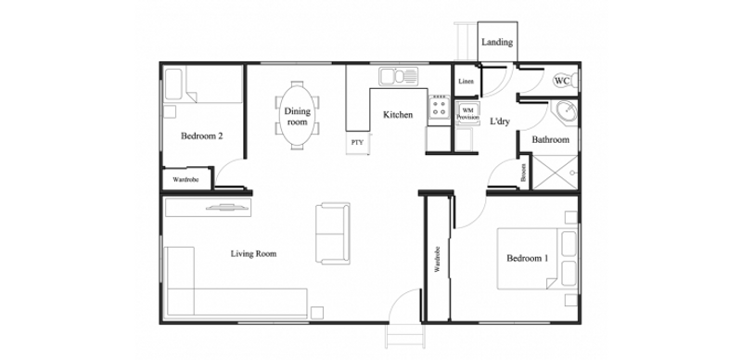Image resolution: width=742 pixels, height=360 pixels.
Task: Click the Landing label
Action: coord(497,42)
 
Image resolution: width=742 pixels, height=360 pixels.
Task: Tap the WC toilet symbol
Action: coord(565,81)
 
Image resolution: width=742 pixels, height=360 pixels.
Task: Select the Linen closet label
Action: coord(466,81)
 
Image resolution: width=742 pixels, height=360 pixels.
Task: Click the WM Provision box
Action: coord(467,114)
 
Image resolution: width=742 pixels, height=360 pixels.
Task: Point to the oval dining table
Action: coord(297,116)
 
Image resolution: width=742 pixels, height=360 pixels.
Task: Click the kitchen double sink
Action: coord(398,76)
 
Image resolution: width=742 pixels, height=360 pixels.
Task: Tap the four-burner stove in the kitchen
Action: coord(439,107)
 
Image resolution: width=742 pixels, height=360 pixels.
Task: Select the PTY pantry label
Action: coord(357,142)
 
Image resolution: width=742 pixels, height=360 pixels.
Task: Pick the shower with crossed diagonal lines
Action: coord(555,173)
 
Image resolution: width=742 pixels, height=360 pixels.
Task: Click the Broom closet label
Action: coord(523,173)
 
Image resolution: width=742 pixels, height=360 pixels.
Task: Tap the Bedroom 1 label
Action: coord(527,258)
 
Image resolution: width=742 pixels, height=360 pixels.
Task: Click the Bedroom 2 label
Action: coord(201,136)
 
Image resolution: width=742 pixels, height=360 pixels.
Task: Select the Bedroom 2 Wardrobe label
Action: coord(185,179)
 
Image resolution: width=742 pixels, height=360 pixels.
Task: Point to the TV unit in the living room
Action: coord(208,207)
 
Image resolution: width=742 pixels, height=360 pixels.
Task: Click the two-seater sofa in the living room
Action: coord(333,234)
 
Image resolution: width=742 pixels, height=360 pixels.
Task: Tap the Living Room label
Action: coord(253,253)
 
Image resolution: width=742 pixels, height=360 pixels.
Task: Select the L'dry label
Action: coord(500,122)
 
